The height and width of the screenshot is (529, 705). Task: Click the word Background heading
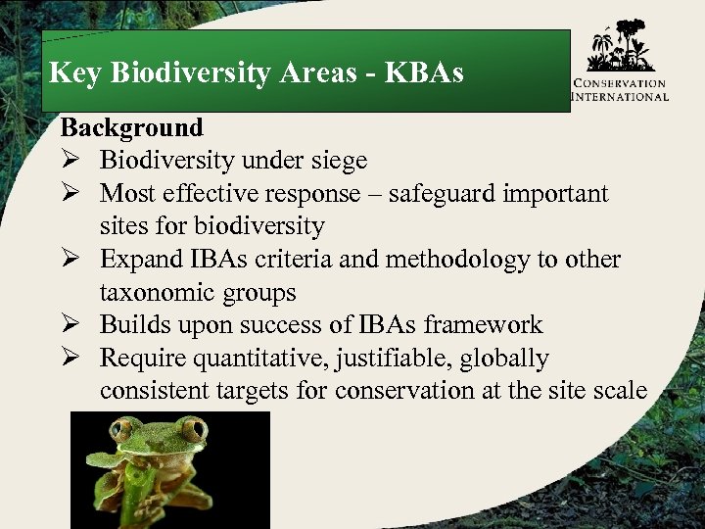pyautogui.click(x=131, y=127)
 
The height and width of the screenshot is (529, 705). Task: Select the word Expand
pyautogui.click(x=139, y=260)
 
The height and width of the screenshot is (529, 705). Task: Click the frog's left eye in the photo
pyautogui.click(x=124, y=428)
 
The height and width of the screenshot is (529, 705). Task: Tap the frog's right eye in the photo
pyautogui.click(x=193, y=428)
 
